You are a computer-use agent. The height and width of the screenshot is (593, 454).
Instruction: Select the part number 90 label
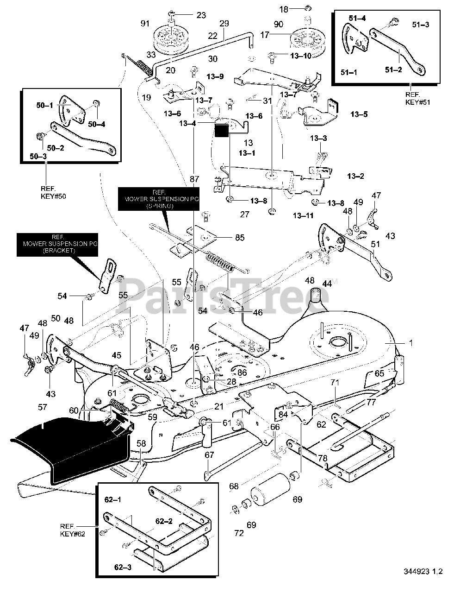(x=278, y=24)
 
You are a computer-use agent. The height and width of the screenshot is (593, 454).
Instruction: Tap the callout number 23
(x=200, y=15)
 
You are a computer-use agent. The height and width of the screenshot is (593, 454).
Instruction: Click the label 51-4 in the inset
(x=357, y=19)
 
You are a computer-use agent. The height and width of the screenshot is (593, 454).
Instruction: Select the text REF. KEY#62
(x=72, y=530)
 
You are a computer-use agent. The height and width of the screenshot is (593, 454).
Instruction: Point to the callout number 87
(x=194, y=179)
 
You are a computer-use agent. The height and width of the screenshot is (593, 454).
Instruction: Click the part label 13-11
(x=303, y=215)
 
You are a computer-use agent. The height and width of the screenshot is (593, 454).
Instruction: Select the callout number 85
(x=239, y=238)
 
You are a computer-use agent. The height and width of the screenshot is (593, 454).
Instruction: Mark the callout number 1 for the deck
(x=410, y=343)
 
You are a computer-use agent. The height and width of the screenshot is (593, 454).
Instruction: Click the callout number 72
(x=239, y=533)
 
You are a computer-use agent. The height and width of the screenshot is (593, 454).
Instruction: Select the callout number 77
(x=371, y=402)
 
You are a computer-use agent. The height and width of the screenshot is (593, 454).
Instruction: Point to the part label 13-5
(x=359, y=114)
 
